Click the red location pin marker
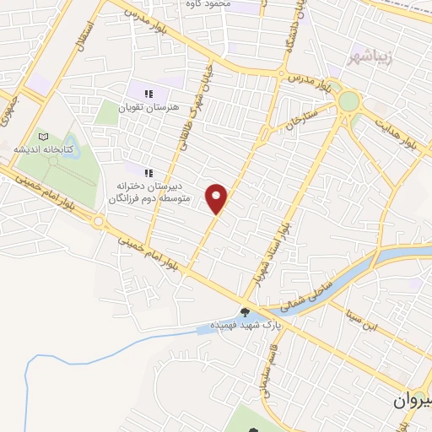tap(218, 198)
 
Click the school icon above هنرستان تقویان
tap(148, 94)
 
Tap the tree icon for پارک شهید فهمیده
tap(246, 313)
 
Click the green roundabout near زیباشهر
tap(348, 102)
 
